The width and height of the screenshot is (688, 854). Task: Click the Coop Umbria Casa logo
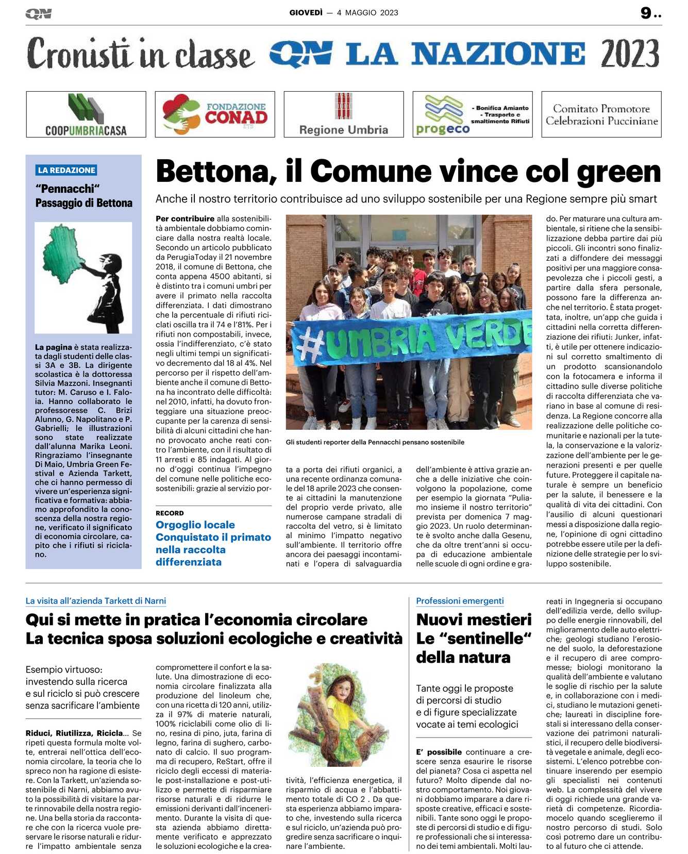coord(86,114)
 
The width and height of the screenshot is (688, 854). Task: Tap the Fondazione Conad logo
coord(215,114)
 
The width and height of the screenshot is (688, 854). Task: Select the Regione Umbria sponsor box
coord(344,114)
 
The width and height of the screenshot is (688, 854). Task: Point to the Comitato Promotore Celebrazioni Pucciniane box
coord(601,114)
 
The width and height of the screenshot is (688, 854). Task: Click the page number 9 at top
coord(646,13)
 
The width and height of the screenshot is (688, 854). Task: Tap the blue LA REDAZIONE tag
coord(66,170)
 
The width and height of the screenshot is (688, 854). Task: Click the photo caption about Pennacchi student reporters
coord(375,442)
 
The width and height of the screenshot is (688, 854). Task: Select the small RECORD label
coord(170,513)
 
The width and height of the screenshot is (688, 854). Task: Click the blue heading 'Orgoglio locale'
coord(195,525)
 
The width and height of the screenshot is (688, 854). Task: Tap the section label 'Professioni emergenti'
coord(460,601)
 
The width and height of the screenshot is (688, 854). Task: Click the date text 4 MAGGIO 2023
coord(367,13)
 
